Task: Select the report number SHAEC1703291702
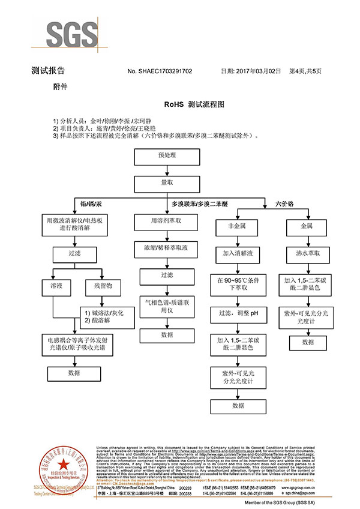coord(160,71)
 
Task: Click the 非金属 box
coord(233,226)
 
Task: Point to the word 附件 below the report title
coord(61,87)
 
